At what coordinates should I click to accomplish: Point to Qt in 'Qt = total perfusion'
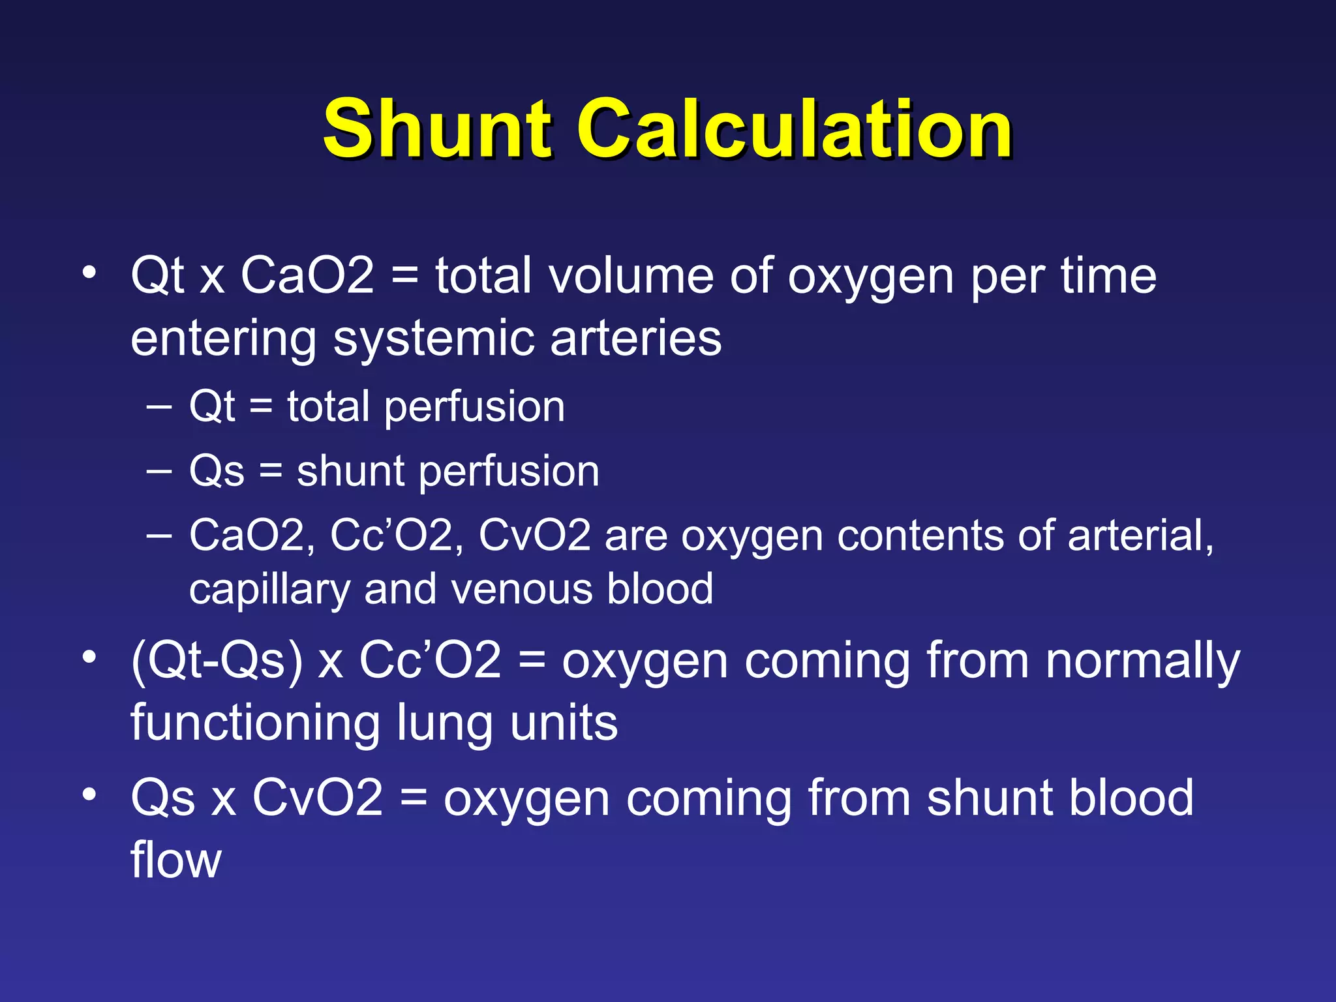pos(211,407)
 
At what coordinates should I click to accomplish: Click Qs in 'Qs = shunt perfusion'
pos(217,471)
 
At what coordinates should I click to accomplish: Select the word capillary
pos(269,590)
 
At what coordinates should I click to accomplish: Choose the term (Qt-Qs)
pos(217,660)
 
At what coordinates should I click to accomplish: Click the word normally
pos(1142,661)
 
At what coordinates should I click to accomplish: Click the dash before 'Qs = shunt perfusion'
pos(159,470)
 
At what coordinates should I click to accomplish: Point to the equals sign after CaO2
pos(404,277)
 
